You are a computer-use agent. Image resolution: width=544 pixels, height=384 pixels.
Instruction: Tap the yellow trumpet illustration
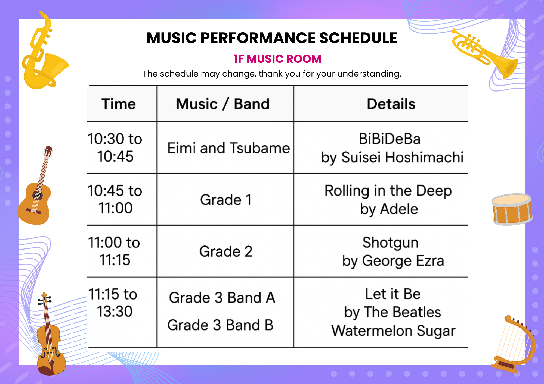[484, 53]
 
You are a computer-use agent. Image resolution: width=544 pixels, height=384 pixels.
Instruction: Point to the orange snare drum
[512, 209]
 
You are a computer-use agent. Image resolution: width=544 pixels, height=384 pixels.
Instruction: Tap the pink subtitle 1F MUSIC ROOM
[277, 59]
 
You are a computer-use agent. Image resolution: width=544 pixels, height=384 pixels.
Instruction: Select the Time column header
[119, 104]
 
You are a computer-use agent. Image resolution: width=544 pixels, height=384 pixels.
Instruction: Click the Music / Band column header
[223, 104]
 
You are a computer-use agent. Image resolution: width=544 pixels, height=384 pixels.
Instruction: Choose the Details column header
[391, 104]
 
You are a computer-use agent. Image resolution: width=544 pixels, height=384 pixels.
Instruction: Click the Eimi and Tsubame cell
[228, 148]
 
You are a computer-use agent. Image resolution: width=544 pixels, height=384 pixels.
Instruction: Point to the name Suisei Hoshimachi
[403, 157]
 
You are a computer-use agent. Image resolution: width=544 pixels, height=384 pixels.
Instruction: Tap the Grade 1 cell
[226, 200]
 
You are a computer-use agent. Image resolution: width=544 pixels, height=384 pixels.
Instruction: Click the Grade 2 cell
[226, 251]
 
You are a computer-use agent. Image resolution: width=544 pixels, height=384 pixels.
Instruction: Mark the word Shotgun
[390, 243]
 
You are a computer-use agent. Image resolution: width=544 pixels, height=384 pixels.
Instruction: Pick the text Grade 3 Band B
[220, 325]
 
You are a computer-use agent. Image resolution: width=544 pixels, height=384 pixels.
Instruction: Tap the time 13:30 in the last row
[115, 311]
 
